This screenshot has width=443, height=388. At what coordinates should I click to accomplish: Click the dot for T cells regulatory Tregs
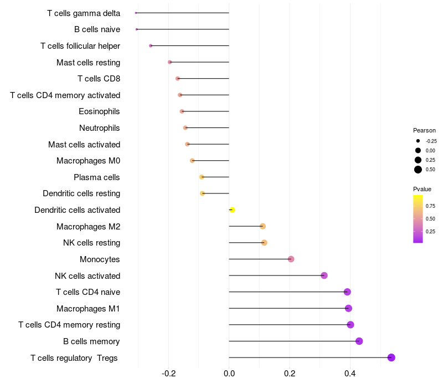point(391,358)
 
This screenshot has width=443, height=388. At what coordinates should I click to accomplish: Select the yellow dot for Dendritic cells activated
point(232,210)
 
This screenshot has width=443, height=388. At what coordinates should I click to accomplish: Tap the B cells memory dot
point(359,341)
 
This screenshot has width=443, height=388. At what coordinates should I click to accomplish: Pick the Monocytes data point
point(291,259)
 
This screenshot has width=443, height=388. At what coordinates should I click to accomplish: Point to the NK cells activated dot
point(324,275)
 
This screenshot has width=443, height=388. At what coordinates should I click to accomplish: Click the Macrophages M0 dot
point(192,161)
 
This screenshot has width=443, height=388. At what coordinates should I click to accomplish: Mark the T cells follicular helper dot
point(151,45)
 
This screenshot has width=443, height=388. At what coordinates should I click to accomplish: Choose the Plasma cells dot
point(202,177)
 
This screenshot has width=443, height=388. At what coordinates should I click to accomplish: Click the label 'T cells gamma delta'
point(84,13)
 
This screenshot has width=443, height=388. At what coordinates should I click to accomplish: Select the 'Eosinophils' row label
point(99,111)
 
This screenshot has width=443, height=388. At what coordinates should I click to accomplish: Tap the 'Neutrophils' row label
point(100,128)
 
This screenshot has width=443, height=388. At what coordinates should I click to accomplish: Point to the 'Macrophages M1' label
point(88,308)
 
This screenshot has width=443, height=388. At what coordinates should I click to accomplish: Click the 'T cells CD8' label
point(99,79)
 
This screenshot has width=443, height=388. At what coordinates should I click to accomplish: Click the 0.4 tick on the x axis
point(350,374)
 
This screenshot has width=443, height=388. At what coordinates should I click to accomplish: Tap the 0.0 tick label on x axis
point(229,374)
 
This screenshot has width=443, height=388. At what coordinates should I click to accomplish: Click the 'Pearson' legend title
point(424,130)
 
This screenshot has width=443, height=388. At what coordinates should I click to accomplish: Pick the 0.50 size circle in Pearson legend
point(418,170)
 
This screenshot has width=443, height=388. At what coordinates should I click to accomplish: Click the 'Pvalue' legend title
point(422,189)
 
